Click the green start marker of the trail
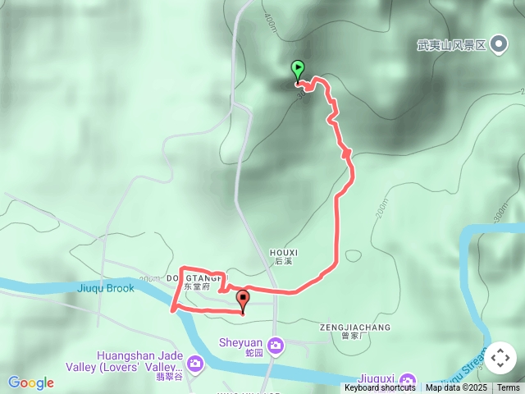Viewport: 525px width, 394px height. point(298,69)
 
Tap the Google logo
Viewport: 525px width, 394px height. point(31,383)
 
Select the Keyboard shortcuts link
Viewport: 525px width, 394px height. point(380,387)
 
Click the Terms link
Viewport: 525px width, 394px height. point(508,387)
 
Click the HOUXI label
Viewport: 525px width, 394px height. point(283,252)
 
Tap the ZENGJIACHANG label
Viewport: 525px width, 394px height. point(355,327)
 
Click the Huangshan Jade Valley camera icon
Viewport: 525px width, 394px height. point(194,362)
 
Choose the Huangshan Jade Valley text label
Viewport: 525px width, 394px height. point(138,361)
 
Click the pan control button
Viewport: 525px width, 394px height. point(500,358)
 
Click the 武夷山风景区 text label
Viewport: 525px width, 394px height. point(451,46)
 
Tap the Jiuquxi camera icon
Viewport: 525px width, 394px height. point(408,381)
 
